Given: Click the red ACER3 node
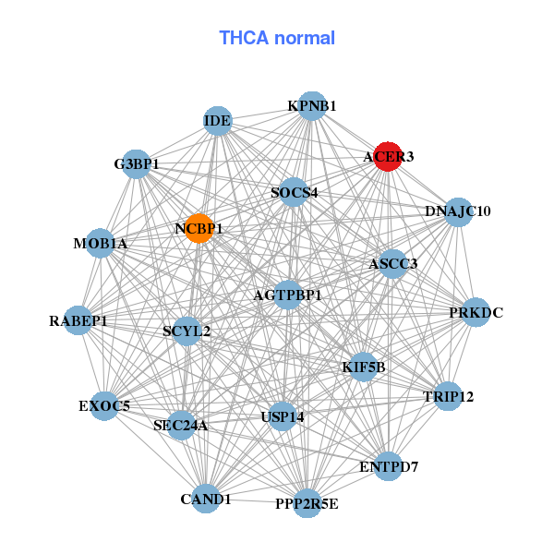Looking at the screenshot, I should point(387,157).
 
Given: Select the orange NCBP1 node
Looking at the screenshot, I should point(199,228).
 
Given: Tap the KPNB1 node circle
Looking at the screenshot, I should point(311,106).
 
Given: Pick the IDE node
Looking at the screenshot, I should point(217,121).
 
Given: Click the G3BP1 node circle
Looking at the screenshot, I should point(137,164).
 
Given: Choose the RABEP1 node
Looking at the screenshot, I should point(78,321).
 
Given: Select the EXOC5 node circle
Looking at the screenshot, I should point(104,404).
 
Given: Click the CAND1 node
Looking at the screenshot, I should point(206,499).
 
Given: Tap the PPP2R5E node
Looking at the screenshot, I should point(307,503).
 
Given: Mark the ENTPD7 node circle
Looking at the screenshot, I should point(389,466).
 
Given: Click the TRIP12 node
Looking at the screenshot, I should point(448,397).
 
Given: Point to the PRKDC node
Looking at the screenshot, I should point(476,313).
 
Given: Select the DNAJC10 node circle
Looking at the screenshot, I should point(458,211).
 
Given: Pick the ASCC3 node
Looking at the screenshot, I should point(393,264).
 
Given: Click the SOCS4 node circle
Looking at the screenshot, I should point(294,193).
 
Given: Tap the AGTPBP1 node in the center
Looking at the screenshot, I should point(288,295).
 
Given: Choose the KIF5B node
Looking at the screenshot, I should point(363,367).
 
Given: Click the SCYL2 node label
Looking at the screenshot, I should point(187,331).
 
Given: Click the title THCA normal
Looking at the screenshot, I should point(277,38).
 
